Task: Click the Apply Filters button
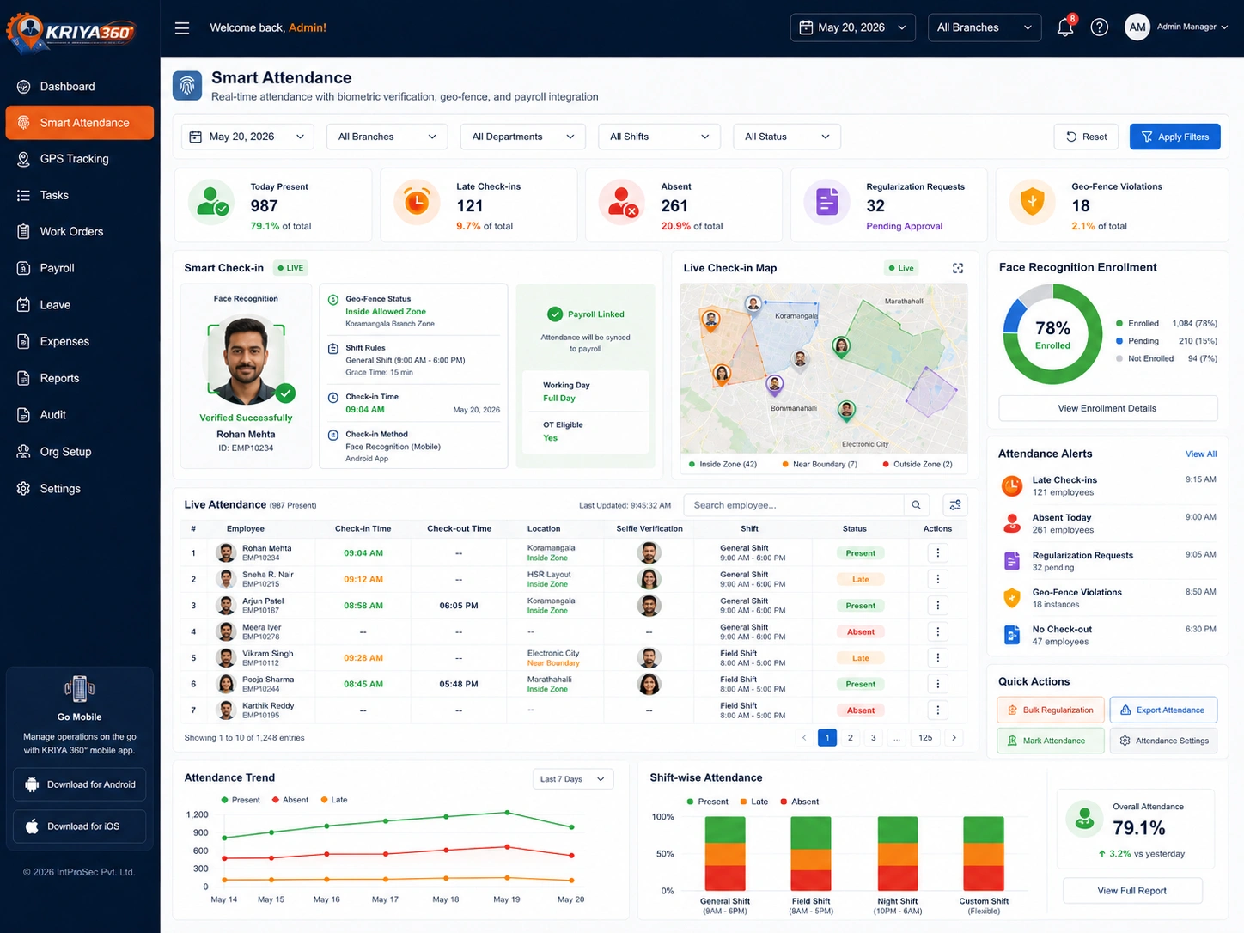point(1174,137)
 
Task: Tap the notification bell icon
point(1065,27)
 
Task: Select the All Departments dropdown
point(522,137)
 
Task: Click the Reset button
point(1086,137)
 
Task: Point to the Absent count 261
point(674,205)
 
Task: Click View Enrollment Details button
point(1107,408)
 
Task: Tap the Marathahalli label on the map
point(905,301)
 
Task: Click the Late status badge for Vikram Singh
point(860,658)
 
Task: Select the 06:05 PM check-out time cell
point(459,605)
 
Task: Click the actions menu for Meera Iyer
point(938,631)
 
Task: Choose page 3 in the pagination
point(874,738)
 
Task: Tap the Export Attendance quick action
point(1163,710)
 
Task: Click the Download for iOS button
point(79,826)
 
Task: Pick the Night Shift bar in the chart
point(897,853)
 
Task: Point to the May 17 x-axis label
point(385,899)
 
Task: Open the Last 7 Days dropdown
point(573,779)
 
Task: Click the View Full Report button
point(1131,891)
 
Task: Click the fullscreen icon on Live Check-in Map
point(958,268)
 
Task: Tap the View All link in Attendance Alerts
point(1200,454)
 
